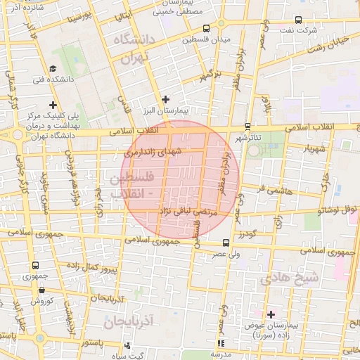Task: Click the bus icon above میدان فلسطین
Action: coord(206,29)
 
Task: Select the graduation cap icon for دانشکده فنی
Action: coord(53,69)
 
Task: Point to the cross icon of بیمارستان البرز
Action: coord(165,99)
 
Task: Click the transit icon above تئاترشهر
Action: coord(247,125)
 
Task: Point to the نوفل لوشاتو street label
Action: coord(337,210)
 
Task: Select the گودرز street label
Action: coord(245,233)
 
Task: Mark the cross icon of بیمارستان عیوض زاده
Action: coord(271,314)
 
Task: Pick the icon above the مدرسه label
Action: coord(221,344)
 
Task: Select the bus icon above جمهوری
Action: coord(35,266)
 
